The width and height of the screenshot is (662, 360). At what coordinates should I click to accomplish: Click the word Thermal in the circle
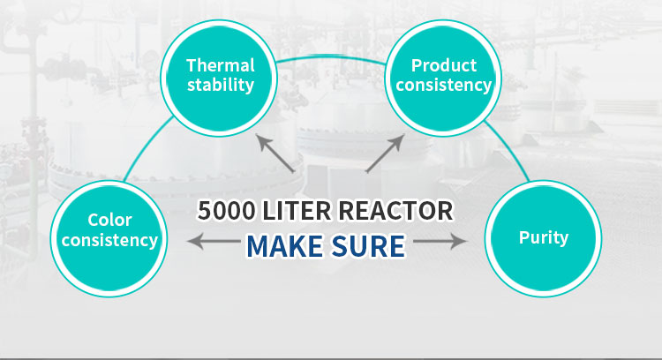click(220, 65)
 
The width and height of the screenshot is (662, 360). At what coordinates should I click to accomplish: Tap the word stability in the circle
click(220, 86)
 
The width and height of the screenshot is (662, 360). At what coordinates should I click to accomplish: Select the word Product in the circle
click(444, 65)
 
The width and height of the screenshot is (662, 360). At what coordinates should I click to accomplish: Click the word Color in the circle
click(109, 220)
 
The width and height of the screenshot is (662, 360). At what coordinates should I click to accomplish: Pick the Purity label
click(544, 237)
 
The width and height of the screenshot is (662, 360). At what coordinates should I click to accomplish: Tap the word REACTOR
click(404, 211)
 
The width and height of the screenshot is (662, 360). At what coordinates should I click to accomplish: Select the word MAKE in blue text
click(283, 245)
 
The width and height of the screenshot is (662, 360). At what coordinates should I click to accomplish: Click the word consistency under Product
click(444, 86)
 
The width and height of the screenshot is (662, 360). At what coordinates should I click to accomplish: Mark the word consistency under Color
click(110, 239)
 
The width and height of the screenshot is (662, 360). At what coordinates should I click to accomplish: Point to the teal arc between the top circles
click(331, 58)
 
